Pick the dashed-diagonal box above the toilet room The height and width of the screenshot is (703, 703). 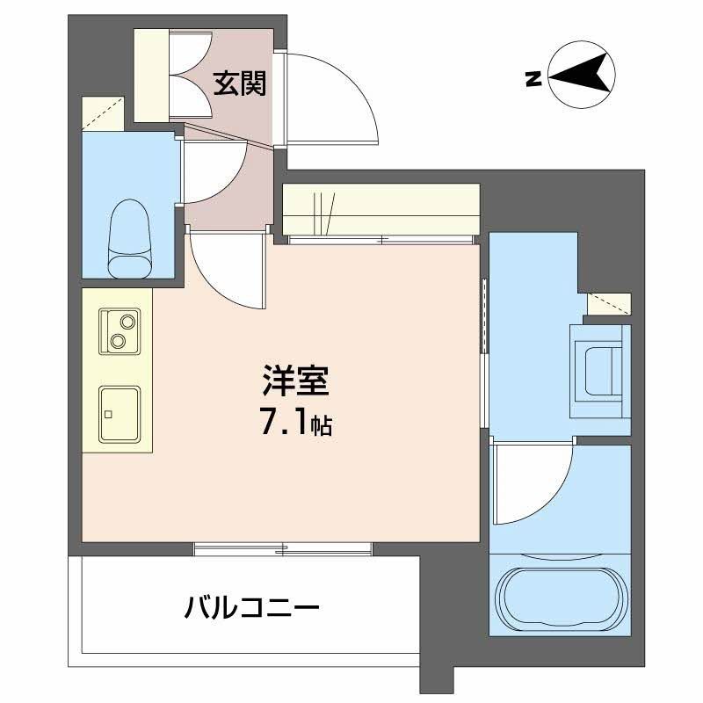tap(102, 112)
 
